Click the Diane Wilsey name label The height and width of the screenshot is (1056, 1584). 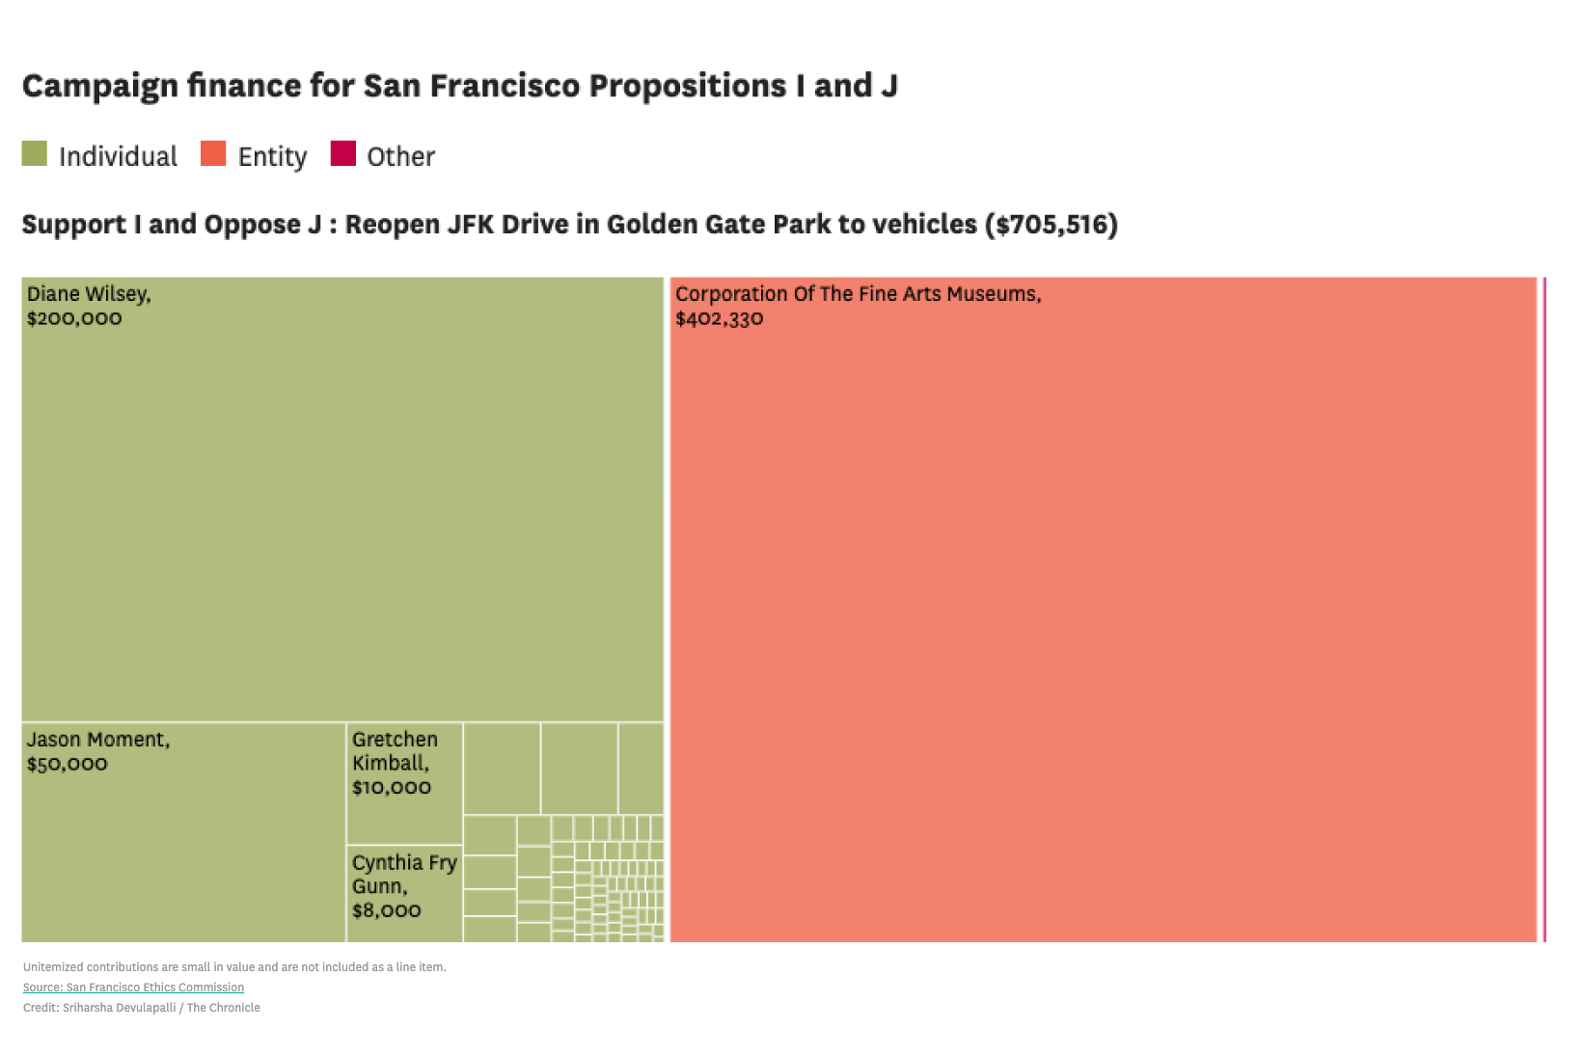[88, 294]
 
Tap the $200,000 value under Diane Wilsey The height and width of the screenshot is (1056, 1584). [74, 318]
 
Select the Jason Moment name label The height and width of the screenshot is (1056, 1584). [97, 740]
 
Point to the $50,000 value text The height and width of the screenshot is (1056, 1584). [67, 764]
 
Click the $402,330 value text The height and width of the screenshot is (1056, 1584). [719, 319]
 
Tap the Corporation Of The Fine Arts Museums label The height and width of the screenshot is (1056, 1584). [858, 294]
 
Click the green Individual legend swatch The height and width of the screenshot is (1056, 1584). [35, 154]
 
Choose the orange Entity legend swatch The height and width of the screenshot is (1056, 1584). [213, 154]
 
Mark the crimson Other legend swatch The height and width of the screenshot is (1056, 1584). [342, 154]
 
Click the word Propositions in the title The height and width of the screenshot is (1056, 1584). [688, 86]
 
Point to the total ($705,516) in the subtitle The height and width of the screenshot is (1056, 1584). [1051, 225]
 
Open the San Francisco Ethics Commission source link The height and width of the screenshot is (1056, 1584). [133, 988]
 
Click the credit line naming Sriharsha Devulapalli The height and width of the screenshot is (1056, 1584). [141, 1008]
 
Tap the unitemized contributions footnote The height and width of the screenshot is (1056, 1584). [234, 967]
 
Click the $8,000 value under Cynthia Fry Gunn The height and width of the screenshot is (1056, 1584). [386, 910]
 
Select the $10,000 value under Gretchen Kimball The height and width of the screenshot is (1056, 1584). [391, 787]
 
